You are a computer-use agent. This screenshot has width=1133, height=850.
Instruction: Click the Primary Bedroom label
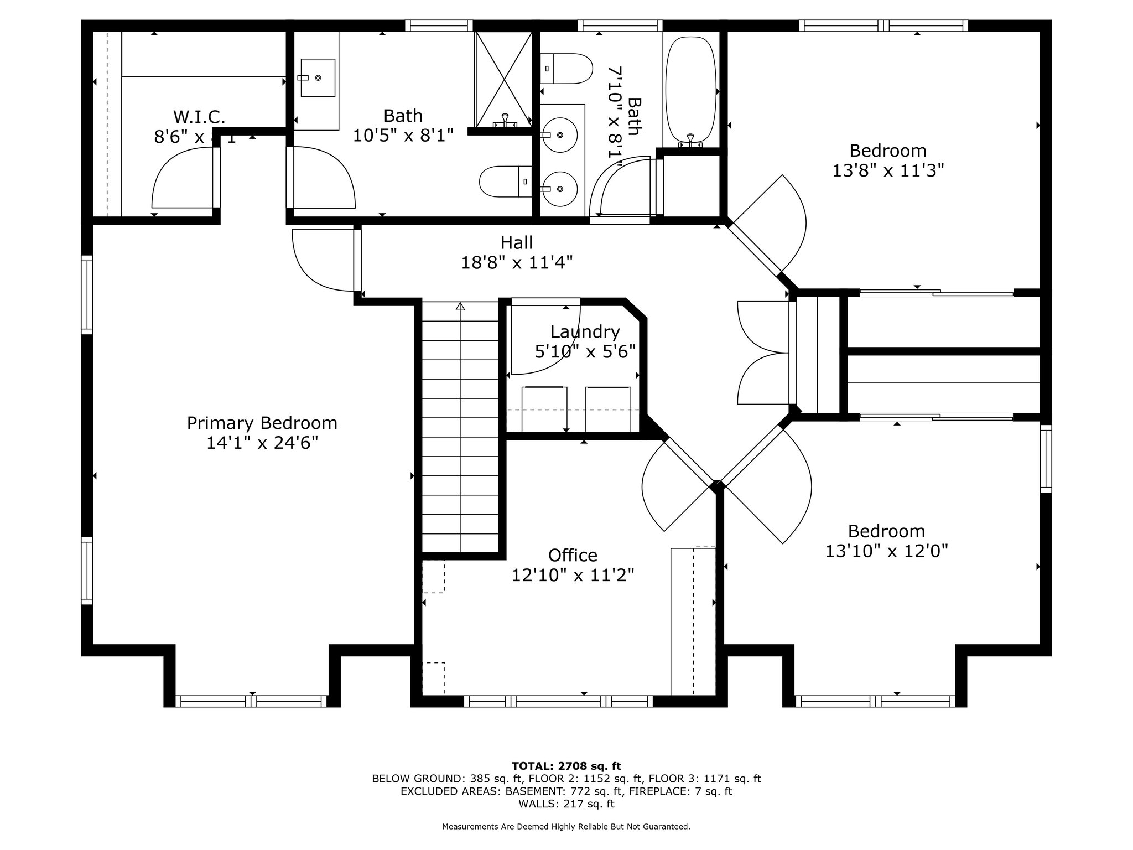click(x=262, y=423)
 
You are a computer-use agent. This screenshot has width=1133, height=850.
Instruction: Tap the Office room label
click(x=573, y=555)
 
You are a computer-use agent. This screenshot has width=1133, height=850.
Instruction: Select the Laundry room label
click(x=585, y=331)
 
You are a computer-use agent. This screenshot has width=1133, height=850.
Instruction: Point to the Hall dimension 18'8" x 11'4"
click(x=517, y=262)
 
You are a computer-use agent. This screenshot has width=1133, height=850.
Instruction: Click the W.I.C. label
click(x=199, y=117)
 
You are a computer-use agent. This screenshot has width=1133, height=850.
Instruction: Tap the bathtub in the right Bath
click(x=690, y=92)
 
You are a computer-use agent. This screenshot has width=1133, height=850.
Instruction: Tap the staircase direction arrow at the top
click(x=460, y=306)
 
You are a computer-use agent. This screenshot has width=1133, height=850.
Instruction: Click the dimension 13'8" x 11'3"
click(x=888, y=170)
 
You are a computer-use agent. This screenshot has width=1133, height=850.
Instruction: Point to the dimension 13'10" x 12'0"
click(x=887, y=551)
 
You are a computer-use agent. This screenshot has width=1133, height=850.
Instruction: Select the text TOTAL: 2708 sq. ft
click(x=566, y=766)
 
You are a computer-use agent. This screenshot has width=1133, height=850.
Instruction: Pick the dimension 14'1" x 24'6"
click(x=262, y=443)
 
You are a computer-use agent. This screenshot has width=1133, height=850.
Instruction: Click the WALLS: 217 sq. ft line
click(x=566, y=804)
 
